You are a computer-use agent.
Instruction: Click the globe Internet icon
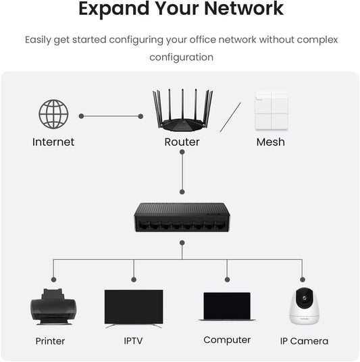pyautogui.click(x=53, y=114)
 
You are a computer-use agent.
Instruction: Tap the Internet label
pyautogui.click(x=53, y=142)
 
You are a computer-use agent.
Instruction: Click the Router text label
pyautogui.click(x=182, y=142)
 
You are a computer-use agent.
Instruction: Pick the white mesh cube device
pyautogui.click(x=270, y=111)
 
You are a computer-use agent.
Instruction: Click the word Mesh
pyautogui.click(x=270, y=142)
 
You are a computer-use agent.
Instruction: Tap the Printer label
pyautogui.click(x=50, y=341)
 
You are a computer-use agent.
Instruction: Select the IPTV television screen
pyautogui.click(x=134, y=307)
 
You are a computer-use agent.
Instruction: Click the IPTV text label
pyautogui.click(x=133, y=341)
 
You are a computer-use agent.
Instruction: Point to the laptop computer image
pyautogui.click(x=227, y=307)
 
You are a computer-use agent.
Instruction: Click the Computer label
pyautogui.click(x=227, y=340)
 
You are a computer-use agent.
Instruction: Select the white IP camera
pyautogui.click(x=303, y=307)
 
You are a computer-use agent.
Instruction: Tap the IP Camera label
pyautogui.click(x=304, y=341)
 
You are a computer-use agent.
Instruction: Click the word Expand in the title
pyautogui.click(x=110, y=9)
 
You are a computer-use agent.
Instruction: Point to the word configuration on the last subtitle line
pyautogui.click(x=181, y=57)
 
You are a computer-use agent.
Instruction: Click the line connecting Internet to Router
pyautogui.click(x=111, y=116)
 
